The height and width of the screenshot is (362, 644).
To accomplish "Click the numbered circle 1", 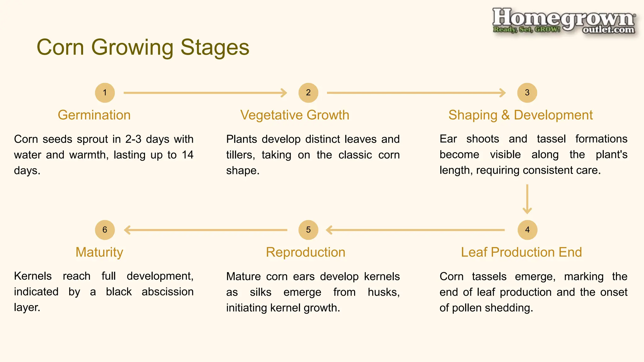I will [x=105, y=93].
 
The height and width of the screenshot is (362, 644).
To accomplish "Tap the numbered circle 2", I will [x=308, y=93].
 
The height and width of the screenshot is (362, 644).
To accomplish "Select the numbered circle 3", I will [x=527, y=93].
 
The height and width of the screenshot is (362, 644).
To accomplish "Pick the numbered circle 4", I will [x=527, y=230].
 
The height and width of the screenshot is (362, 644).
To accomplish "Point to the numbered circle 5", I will [x=308, y=230].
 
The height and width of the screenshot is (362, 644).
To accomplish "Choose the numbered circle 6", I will [x=105, y=230].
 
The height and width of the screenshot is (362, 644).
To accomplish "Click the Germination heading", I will [x=94, y=115].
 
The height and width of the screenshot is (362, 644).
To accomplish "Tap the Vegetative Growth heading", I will [x=295, y=115].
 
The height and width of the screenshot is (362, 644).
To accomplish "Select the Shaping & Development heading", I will [x=520, y=115].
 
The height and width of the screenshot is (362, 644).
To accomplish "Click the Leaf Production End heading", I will [x=521, y=252].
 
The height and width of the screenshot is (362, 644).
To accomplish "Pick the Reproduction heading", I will [x=305, y=252].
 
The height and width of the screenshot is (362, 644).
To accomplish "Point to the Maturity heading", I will [x=99, y=252].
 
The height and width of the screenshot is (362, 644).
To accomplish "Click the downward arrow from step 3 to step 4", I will [x=527, y=199].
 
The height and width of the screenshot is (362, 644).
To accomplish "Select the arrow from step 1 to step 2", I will [x=205, y=93].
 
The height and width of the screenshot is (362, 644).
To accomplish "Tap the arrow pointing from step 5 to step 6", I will [x=206, y=230].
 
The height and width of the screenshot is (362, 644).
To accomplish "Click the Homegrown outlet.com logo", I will [x=563, y=21].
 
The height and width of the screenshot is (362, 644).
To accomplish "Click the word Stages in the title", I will [x=215, y=47].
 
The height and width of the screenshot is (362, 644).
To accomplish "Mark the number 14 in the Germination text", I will [x=187, y=155].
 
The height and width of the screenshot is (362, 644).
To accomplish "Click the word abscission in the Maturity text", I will [x=167, y=292].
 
